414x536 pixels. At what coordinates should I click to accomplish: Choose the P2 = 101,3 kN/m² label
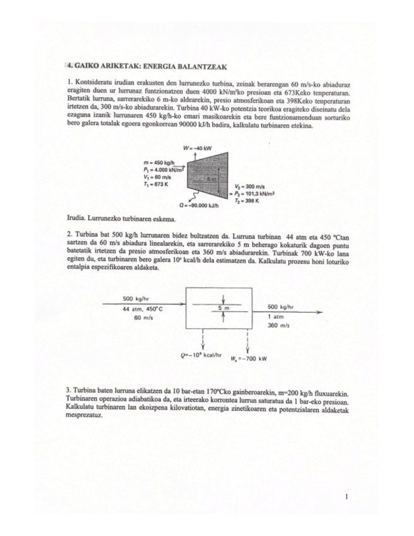254,193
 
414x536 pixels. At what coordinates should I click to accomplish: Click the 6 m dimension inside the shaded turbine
214,180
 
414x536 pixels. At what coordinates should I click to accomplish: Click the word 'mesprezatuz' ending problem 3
86,418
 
